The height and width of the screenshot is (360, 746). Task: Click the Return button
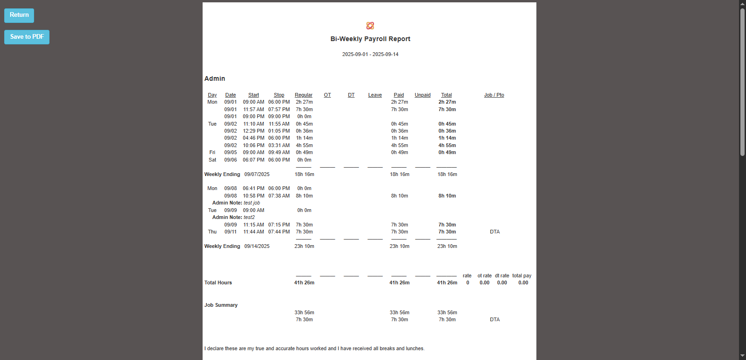tap(19, 15)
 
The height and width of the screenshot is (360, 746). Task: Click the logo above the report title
tap(370, 26)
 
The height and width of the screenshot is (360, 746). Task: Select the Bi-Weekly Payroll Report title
tap(370, 39)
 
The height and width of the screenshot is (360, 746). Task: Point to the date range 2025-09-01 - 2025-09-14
tap(370, 55)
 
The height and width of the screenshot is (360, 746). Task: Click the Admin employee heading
tap(215, 79)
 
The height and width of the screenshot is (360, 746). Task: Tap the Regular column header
tap(303, 95)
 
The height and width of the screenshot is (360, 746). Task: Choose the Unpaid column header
tap(422, 95)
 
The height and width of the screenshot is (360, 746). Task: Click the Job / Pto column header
tap(494, 95)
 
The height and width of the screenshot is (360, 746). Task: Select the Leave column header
tap(375, 95)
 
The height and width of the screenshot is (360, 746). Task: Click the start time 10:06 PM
tap(253, 146)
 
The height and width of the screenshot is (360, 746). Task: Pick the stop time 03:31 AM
tap(279, 146)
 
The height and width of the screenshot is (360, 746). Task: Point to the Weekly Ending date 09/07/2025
tap(257, 175)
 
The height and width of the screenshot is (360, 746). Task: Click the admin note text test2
tap(249, 218)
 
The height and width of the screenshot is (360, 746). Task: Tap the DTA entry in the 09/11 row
tap(495, 232)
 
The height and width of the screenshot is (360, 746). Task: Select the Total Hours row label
tap(218, 283)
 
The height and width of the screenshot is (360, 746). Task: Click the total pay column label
tap(521, 276)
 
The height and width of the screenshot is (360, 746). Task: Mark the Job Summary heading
tap(221, 305)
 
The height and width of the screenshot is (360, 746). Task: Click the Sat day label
tap(212, 160)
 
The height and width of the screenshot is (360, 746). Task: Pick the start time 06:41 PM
tap(253, 189)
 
